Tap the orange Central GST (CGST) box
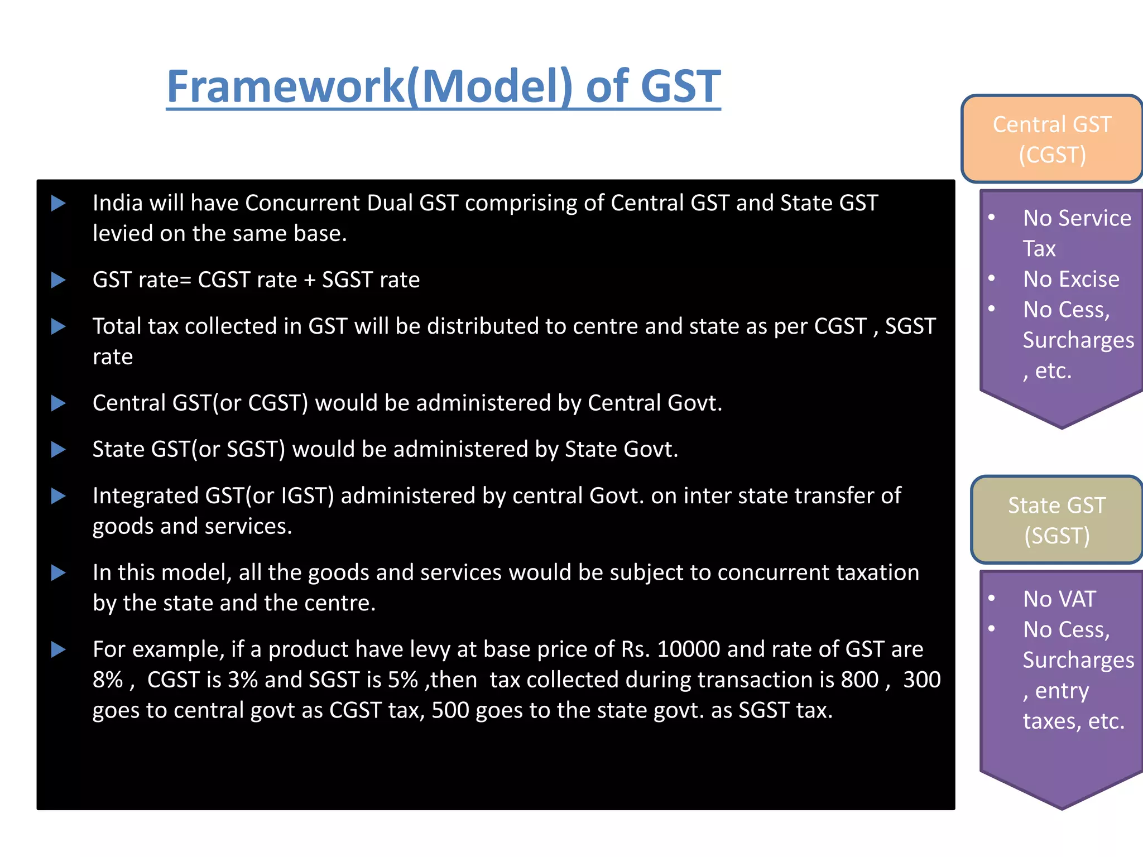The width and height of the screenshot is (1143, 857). click(1052, 139)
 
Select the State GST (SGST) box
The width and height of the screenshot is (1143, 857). click(1056, 520)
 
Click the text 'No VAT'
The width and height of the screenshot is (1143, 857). click(1059, 599)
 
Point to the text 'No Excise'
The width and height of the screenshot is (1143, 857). click(1071, 279)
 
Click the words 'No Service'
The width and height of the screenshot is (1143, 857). click(1077, 218)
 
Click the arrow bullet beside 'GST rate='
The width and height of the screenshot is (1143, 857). click(59, 280)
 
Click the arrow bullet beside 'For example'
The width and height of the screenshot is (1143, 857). click(59, 649)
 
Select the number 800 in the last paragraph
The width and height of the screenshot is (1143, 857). click(859, 680)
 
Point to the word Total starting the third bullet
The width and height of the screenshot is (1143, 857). click(117, 326)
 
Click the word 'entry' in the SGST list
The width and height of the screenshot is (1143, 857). click(1062, 691)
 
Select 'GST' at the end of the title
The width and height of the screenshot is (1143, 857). click(680, 86)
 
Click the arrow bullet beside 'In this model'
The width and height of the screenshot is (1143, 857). click(59, 572)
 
